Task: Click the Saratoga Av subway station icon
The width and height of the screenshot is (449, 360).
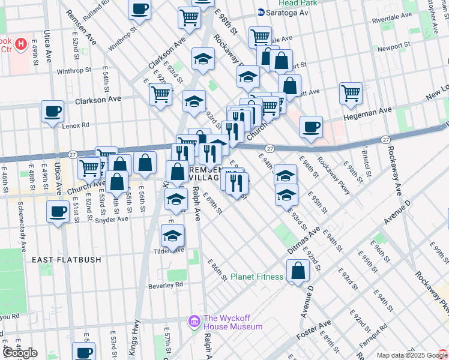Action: click(261, 12)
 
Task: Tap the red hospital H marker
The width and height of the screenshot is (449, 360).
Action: click(21, 44)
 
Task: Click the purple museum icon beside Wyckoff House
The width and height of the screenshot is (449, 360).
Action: click(194, 322)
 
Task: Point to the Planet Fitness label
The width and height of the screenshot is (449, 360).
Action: click(257, 277)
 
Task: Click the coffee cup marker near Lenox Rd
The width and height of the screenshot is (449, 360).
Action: click(52, 111)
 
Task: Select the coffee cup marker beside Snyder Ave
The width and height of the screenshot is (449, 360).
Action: click(58, 212)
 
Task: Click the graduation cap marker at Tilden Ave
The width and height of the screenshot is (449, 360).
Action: click(172, 235)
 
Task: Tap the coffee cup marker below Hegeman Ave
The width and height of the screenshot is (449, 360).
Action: click(311, 127)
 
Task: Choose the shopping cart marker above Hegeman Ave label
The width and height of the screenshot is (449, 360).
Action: click(351, 93)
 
